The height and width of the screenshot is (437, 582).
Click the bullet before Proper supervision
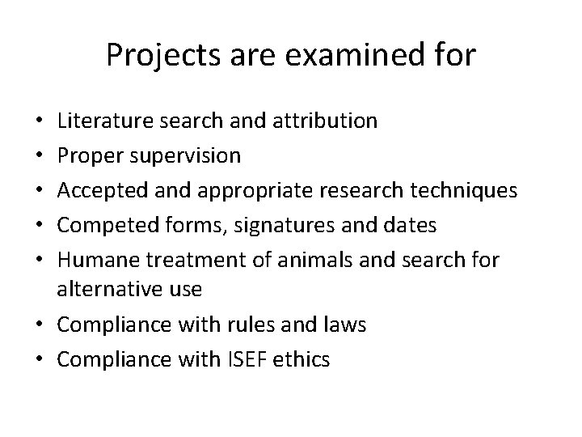(x=41, y=155)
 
